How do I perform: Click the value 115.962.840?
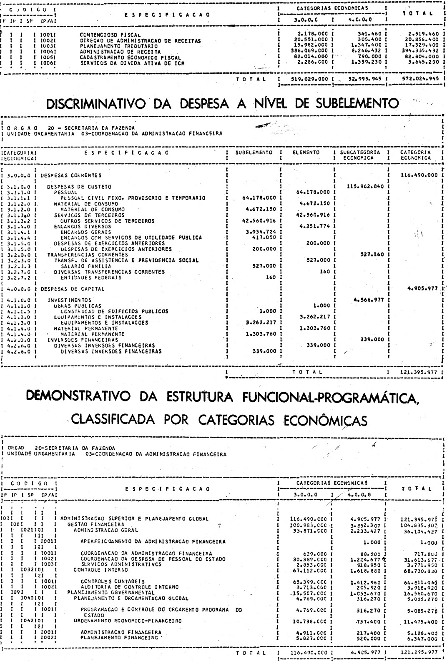point(361,186)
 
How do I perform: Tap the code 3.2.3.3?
point(18,266)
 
